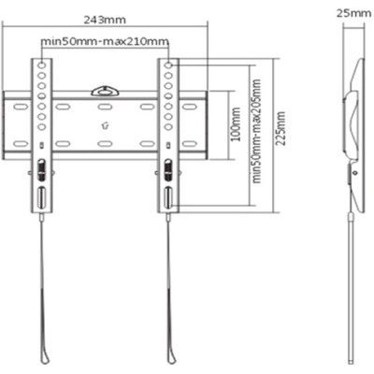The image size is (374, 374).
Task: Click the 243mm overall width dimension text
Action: coord(104,19)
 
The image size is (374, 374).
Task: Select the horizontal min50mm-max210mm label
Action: coord(106,42)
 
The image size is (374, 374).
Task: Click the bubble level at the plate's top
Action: coord(104,91)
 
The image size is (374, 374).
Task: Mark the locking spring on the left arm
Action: coord(41,171)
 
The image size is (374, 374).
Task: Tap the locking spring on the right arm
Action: coord(168,171)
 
